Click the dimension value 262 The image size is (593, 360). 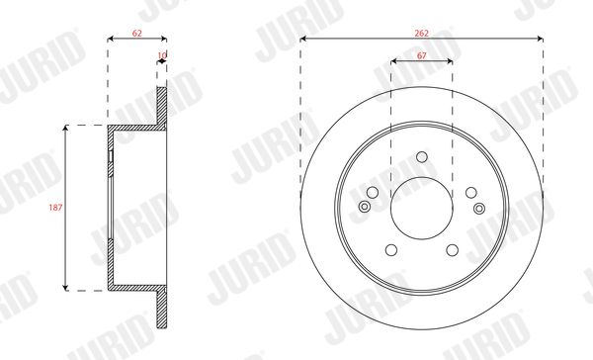[421, 34]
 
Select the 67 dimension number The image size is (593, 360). [421, 55]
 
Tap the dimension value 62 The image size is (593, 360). [137, 34]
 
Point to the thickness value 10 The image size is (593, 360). [162, 55]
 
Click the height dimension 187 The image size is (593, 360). [55, 208]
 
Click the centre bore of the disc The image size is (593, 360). [422, 208]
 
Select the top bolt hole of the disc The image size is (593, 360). [422, 156]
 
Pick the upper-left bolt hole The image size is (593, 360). [373, 192]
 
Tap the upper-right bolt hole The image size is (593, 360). [471, 192]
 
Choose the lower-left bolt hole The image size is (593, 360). [391, 250]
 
